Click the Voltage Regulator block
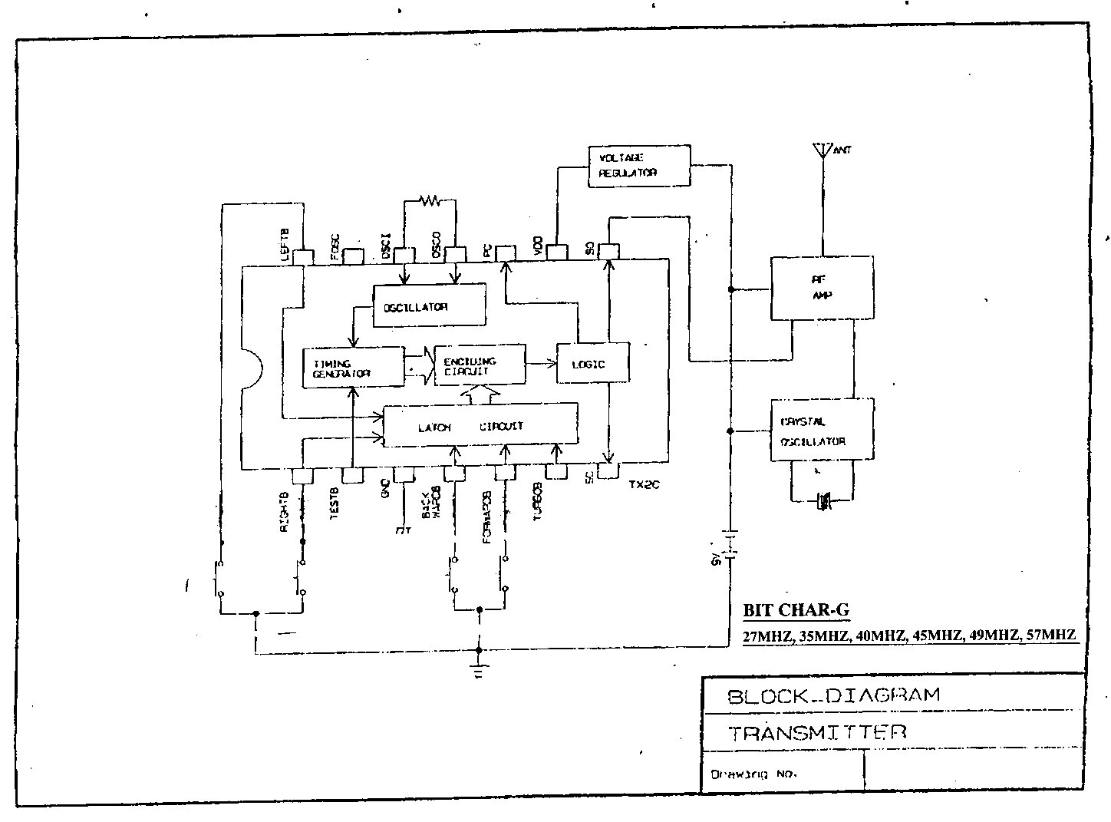pos(638,165)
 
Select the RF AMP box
pos(822,288)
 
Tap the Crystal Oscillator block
pos(822,430)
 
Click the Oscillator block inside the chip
pos(429,305)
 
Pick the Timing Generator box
pos(354,367)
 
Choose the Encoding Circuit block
pos(480,365)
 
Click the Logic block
pos(592,364)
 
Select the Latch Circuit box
pos(480,426)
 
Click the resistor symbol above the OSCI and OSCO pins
pos(430,201)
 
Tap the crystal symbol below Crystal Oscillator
pos(823,503)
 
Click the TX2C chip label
pos(645,484)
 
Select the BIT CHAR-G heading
pos(796,611)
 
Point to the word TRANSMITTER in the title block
pos(817,732)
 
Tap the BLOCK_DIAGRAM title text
pos(833,696)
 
